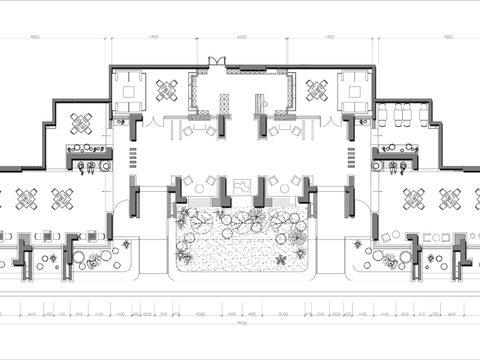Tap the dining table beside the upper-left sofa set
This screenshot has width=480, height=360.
click(166, 91)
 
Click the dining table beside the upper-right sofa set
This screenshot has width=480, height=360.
click(317, 91)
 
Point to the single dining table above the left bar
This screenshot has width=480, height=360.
click(81, 123)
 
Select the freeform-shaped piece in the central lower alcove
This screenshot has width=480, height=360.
click(241, 187)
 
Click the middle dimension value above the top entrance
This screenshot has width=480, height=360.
click(242, 38)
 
